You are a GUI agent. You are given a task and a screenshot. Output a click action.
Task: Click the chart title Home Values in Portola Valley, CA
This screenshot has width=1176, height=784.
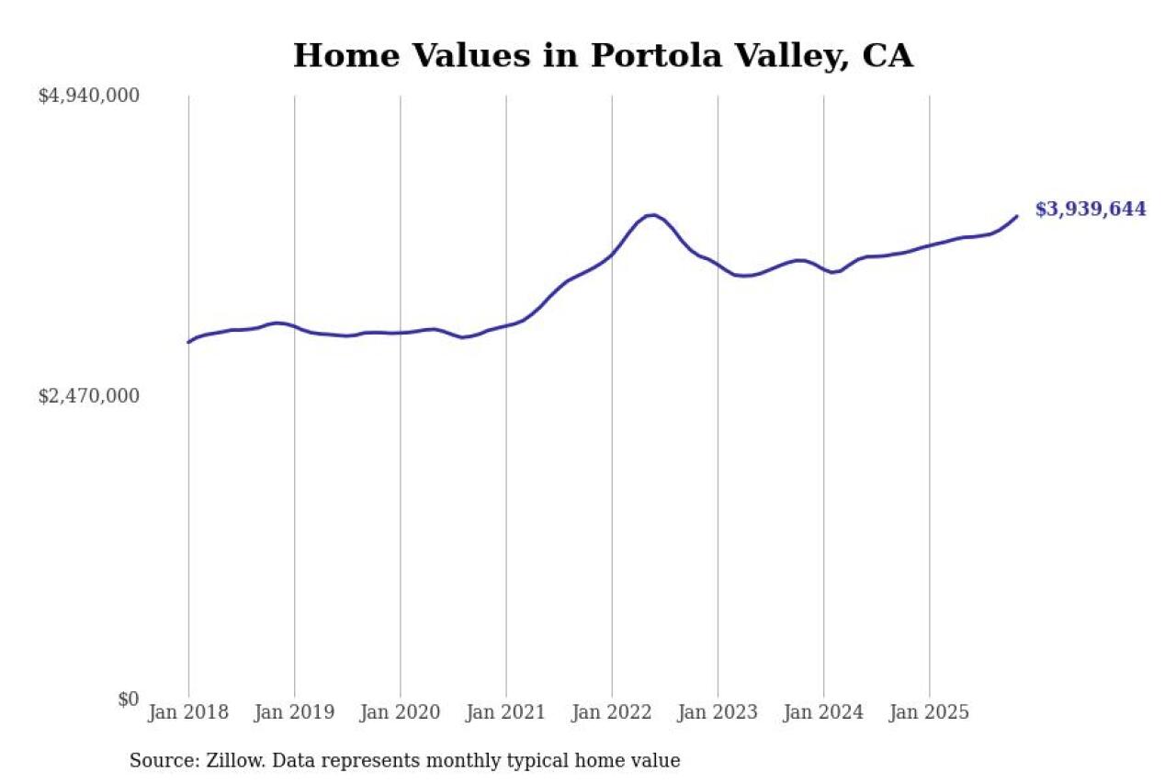tap(603, 56)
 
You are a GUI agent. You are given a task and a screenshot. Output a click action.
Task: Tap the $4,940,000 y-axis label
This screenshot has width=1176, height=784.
tap(88, 96)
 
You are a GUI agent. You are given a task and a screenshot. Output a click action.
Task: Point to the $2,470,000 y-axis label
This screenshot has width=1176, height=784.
tap(88, 396)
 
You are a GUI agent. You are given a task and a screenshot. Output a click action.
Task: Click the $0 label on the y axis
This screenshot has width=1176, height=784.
tap(128, 699)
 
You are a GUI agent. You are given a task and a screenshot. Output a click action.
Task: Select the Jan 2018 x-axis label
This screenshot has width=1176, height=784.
tap(188, 712)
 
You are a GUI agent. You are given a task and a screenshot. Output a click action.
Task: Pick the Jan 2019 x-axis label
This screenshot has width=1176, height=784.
tap(294, 712)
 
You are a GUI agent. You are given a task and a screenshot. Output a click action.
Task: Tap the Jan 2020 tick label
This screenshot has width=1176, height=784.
tap(400, 712)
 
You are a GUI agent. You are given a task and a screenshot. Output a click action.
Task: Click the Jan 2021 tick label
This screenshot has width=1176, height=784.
tap(505, 712)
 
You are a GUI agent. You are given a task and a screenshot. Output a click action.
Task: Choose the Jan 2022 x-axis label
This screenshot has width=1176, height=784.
tap(612, 712)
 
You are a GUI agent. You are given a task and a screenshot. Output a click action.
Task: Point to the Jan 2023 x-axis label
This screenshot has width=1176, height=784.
tap(718, 712)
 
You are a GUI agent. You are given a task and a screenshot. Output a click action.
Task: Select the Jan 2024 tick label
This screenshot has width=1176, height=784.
tap(823, 712)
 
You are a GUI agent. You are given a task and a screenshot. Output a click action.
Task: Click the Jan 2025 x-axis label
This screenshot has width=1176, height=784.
tap(929, 712)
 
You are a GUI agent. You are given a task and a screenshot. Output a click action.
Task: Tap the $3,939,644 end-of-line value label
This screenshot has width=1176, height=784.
tap(1091, 210)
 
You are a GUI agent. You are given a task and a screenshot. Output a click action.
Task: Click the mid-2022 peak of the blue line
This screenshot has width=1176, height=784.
tap(651, 215)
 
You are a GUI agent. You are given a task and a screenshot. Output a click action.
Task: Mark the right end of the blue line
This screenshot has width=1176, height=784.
tap(1017, 216)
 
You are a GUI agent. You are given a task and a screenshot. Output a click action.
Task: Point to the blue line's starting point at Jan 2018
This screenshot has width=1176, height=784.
tap(188, 342)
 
